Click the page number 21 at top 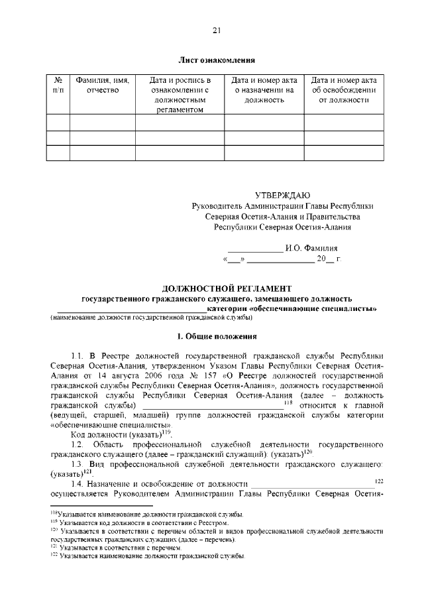coord(216,30)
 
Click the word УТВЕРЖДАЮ coord(282,195)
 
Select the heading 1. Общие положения coord(217,337)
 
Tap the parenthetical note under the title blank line coord(151,318)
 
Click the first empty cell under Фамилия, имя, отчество coord(103,121)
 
